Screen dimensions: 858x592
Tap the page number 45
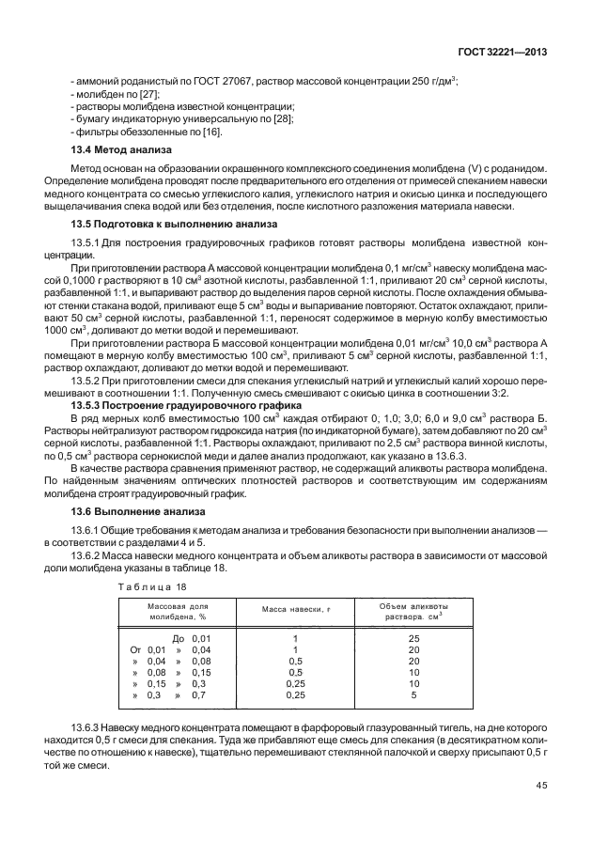coord(540,788)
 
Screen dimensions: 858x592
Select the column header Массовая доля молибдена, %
coord(177,611)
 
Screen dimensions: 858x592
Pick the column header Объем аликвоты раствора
coord(414,611)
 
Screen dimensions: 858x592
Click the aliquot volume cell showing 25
coord(414,638)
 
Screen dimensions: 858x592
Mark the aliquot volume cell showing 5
coord(414,695)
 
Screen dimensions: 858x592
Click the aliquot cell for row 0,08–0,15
coord(414,673)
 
